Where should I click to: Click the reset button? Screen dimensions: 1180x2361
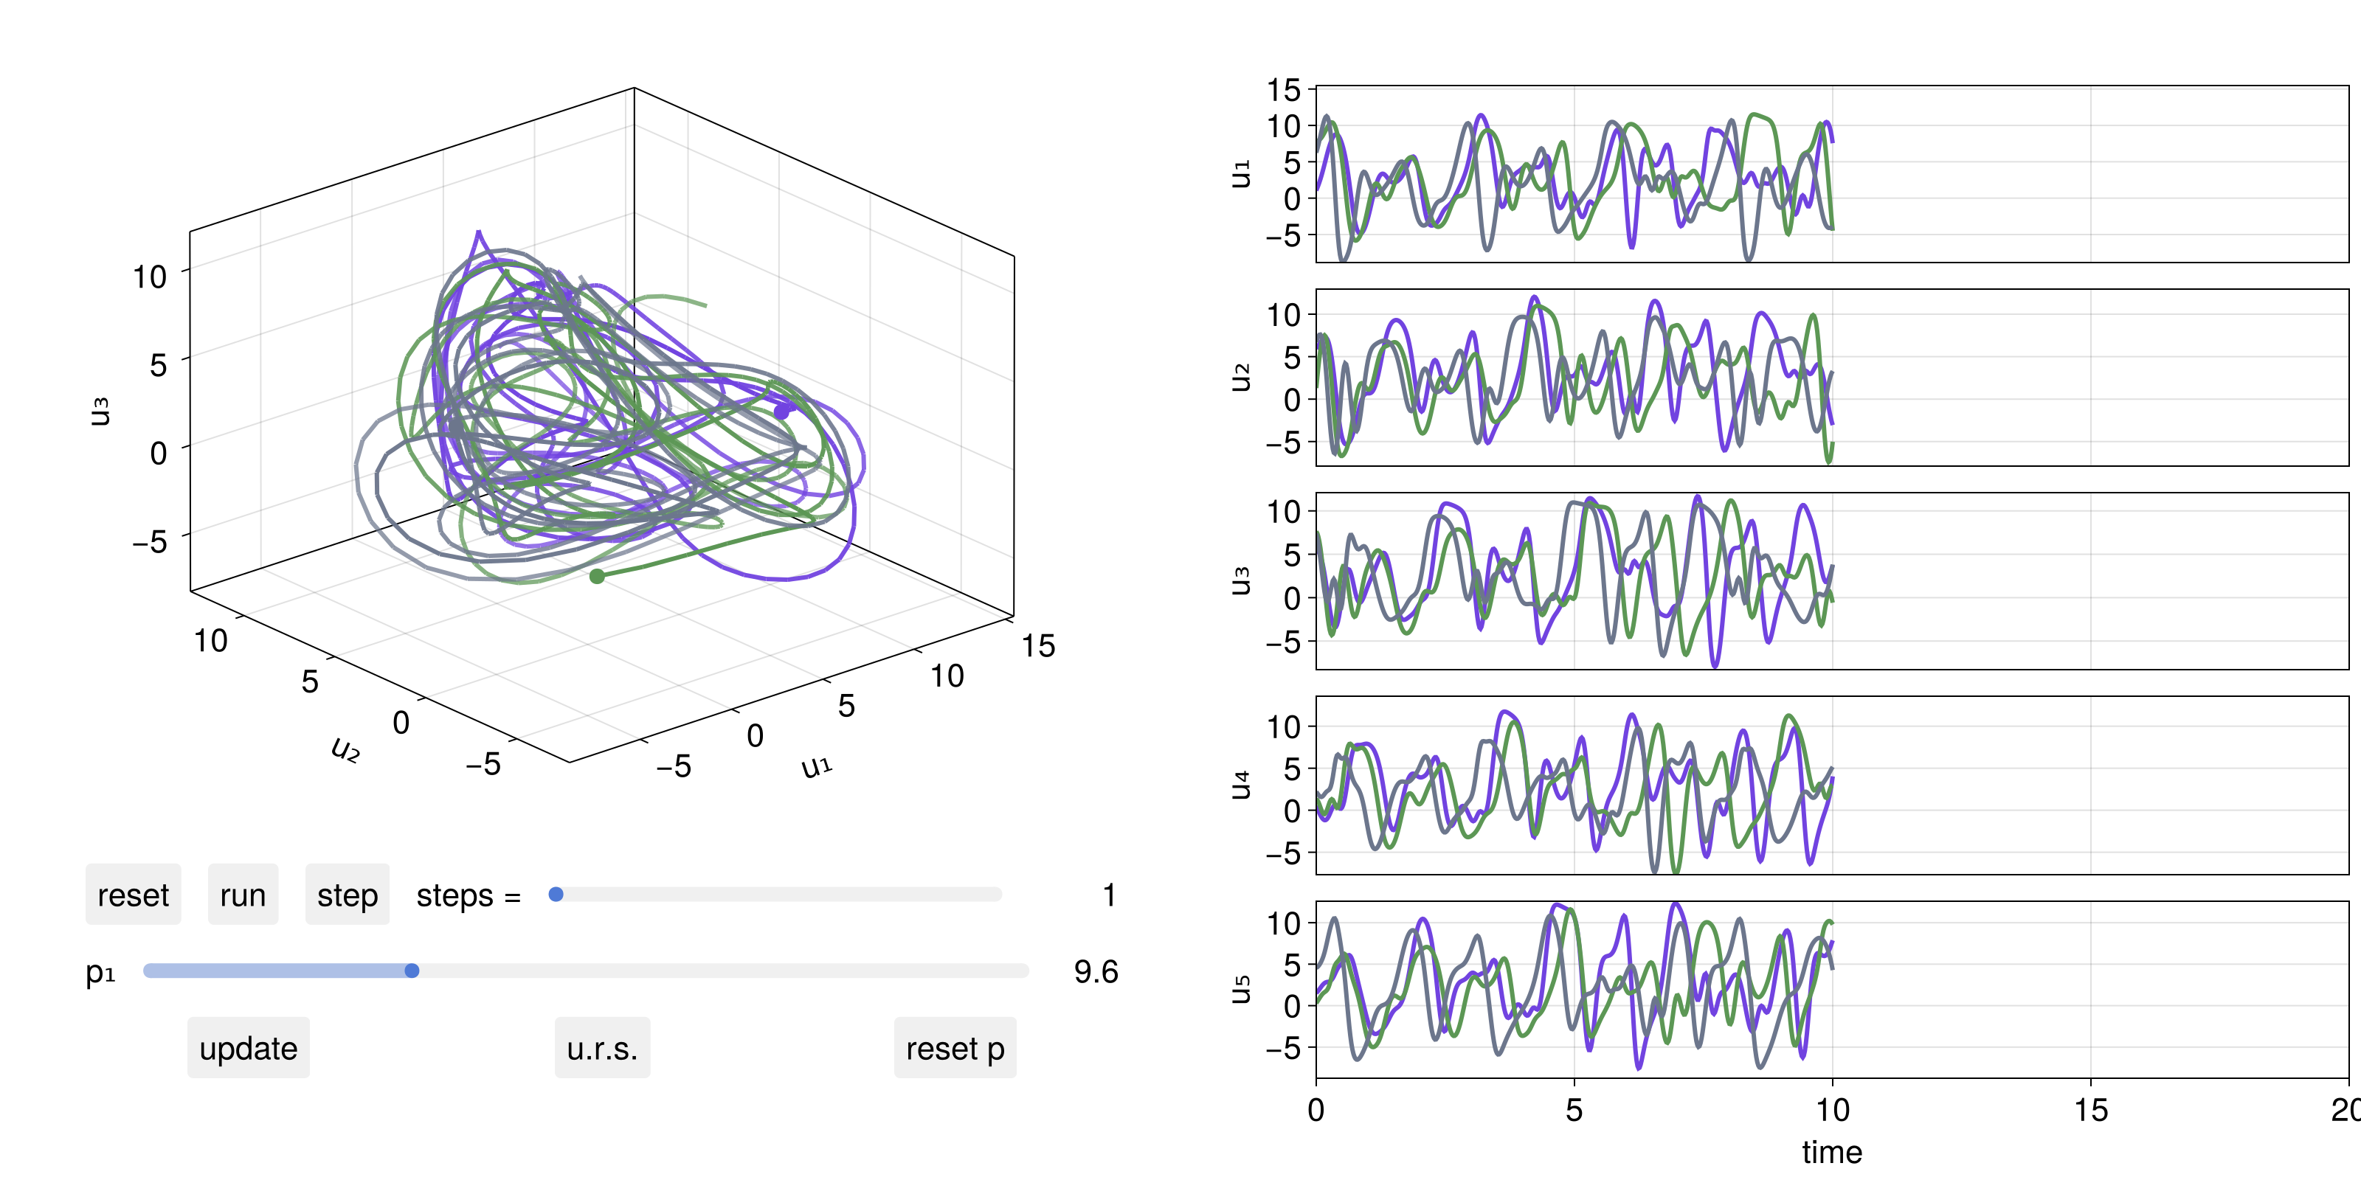click(x=133, y=895)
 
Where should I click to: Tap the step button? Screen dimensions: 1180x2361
click(x=348, y=895)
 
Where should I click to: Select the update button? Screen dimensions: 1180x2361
click(x=249, y=1048)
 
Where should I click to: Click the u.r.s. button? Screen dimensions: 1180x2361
click(x=602, y=1048)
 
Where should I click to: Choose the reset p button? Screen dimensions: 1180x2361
click(x=955, y=1048)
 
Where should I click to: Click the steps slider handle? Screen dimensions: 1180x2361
click(x=556, y=894)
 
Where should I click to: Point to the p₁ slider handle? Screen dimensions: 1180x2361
click(x=412, y=971)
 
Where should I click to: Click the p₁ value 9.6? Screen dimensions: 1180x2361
click(x=1096, y=971)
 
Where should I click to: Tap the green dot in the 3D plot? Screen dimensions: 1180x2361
click(x=597, y=576)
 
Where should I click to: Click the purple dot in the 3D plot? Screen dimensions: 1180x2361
click(x=782, y=412)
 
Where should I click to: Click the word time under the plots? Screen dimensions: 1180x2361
click(x=1831, y=1151)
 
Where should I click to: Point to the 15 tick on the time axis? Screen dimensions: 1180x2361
click(x=2091, y=1111)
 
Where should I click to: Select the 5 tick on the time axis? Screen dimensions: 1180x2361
click(x=1574, y=1111)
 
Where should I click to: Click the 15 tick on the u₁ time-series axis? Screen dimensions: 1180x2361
click(x=1284, y=90)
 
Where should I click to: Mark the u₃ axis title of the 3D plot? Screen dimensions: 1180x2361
click(x=99, y=412)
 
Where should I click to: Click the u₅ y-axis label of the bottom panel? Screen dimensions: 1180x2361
click(x=1240, y=990)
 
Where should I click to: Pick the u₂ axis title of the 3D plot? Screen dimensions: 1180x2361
click(x=345, y=749)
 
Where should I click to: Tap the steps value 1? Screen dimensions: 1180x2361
click(x=1109, y=895)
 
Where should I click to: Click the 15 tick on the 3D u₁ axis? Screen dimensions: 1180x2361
click(x=1038, y=646)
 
